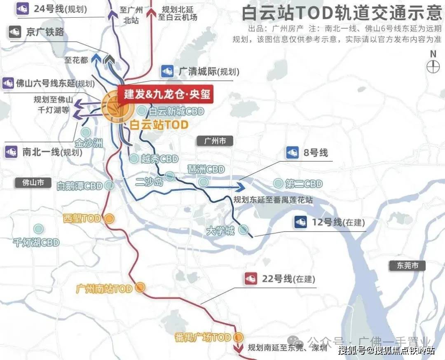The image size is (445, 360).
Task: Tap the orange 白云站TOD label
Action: coord(159,125)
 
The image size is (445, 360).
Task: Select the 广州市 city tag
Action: coord(215,141)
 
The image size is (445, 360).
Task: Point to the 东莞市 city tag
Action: coord(408,266)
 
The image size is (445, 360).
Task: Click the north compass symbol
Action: coord(433,66)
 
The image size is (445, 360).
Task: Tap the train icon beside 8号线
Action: coord(293,153)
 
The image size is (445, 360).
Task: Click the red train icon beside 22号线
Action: coord(251,279)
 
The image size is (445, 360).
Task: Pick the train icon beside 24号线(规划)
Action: coord(22,8)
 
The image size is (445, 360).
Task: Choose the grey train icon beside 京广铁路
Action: coord(15,32)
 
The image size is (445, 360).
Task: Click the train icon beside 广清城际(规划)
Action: coord(168,71)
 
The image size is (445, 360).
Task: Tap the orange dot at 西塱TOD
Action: coord(109,219)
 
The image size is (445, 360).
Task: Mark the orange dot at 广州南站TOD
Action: coord(141,288)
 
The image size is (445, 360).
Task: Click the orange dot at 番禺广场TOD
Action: coord(238,337)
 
